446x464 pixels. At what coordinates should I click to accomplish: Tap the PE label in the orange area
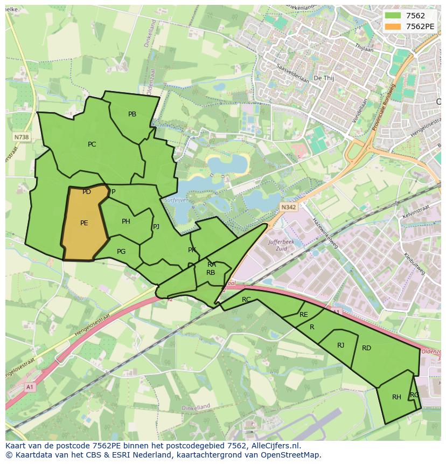84,223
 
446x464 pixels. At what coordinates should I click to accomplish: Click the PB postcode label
132,114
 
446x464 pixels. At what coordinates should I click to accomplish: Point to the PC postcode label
92,144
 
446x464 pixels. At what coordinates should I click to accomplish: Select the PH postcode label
126,221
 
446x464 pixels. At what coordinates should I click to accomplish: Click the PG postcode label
121,252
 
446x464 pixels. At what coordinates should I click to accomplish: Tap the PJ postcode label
156,227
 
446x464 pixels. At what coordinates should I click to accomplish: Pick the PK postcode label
192,250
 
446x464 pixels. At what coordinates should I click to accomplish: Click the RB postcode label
211,273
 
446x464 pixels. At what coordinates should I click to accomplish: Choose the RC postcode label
246,300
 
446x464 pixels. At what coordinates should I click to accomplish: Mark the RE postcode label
304,315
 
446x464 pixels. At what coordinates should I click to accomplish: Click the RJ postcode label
340,345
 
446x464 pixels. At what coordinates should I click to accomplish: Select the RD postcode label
366,348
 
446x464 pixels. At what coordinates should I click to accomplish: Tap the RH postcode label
396,397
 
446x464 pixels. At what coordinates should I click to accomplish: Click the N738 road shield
22,137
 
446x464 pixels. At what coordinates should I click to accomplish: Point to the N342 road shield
288,206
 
